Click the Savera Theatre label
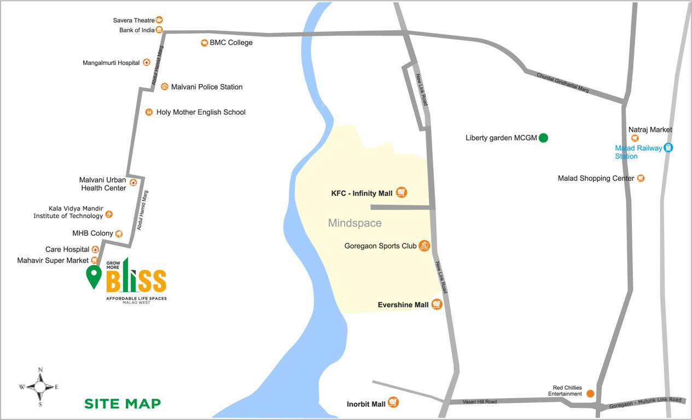[x=133, y=20]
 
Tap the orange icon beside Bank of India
[x=159, y=30]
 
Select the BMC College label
[x=231, y=43]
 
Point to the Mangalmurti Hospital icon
[x=147, y=62]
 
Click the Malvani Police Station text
[x=206, y=87]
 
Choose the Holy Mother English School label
[x=201, y=112]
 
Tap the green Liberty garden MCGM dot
[x=543, y=138]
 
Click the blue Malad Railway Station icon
[x=668, y=148]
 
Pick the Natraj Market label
[x=650, y=130]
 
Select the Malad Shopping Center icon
[x=641, y=178]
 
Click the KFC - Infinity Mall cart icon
[x=402, y=192]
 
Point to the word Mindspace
[x=354, y=223]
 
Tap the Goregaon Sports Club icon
[x=424, y=246]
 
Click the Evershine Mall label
[x=403, y=305]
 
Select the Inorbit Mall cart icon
[x=393, y=402]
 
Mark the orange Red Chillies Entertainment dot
[x=590, y=393]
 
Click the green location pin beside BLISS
[x=94, y=276]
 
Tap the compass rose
[x=39, y=387]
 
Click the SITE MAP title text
[x=123, y=404]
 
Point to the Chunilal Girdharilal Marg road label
[x=562, y=83]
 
